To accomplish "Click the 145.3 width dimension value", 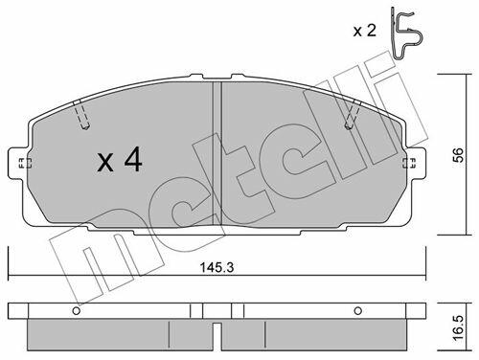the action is [217, 267].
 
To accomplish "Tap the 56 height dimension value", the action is [458, 155].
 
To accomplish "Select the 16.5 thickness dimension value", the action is [458, 328].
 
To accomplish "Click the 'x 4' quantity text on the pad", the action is [120, 159].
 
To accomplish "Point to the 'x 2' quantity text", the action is [365, 31].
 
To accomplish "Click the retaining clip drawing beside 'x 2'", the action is [406, 34].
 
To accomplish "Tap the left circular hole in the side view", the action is [76, 310].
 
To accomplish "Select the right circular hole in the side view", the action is [358, 310].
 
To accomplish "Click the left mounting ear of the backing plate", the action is [20, 163].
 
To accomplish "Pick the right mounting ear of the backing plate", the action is [414, 163].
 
